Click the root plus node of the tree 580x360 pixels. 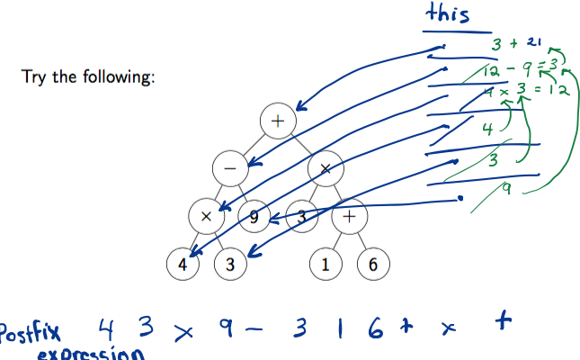click(277, 120)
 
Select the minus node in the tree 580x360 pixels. click(230, 168)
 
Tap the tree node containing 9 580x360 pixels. click(254, 216)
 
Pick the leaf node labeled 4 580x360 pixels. click(183, 265)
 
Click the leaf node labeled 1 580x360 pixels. click(326, 265)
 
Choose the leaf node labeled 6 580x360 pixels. click(373, 265)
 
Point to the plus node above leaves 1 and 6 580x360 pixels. click(349, 216)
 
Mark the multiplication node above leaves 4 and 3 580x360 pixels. click(207, 216)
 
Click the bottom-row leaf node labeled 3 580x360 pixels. click(230, 265)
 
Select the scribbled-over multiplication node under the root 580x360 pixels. click(325, 168)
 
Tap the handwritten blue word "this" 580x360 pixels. click(448, 14)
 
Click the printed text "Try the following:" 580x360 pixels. click(88, 76)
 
